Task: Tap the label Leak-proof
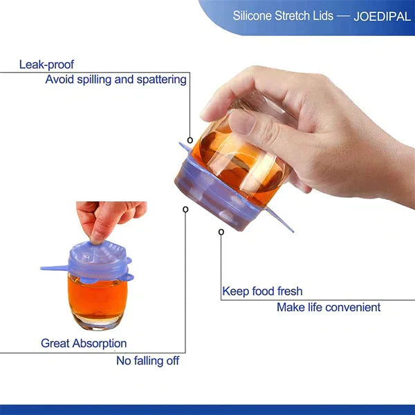click(46, 64)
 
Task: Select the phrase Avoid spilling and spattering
click(116, 80)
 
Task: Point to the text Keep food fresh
click(262, 291)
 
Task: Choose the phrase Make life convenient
click(329, 307)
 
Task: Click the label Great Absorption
click(84, 343)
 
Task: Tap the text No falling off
click(147, 360)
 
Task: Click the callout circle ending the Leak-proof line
click(190, 140)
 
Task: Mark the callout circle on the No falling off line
click(185, 209)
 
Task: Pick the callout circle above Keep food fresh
click(221, 232)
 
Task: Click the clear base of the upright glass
click(97, 322)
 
